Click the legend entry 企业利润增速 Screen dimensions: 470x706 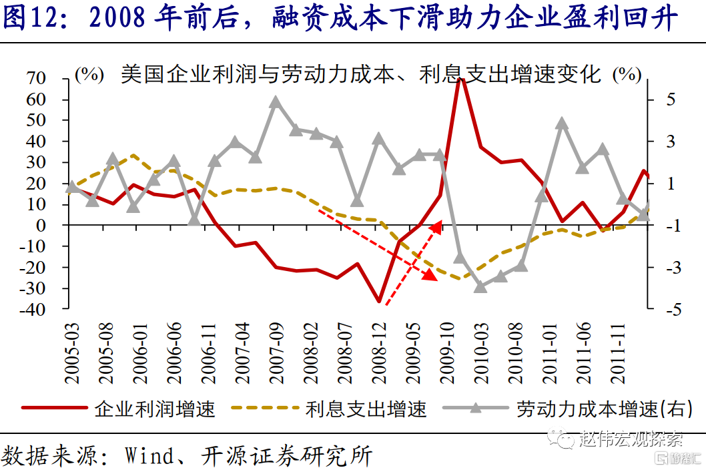click(154, 409)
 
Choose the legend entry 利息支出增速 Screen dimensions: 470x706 click(366, 409)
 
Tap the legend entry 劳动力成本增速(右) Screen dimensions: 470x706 click(601, 409)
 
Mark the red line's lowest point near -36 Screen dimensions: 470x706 click(378, 301)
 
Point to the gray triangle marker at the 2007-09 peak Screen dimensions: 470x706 click(276, 101)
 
